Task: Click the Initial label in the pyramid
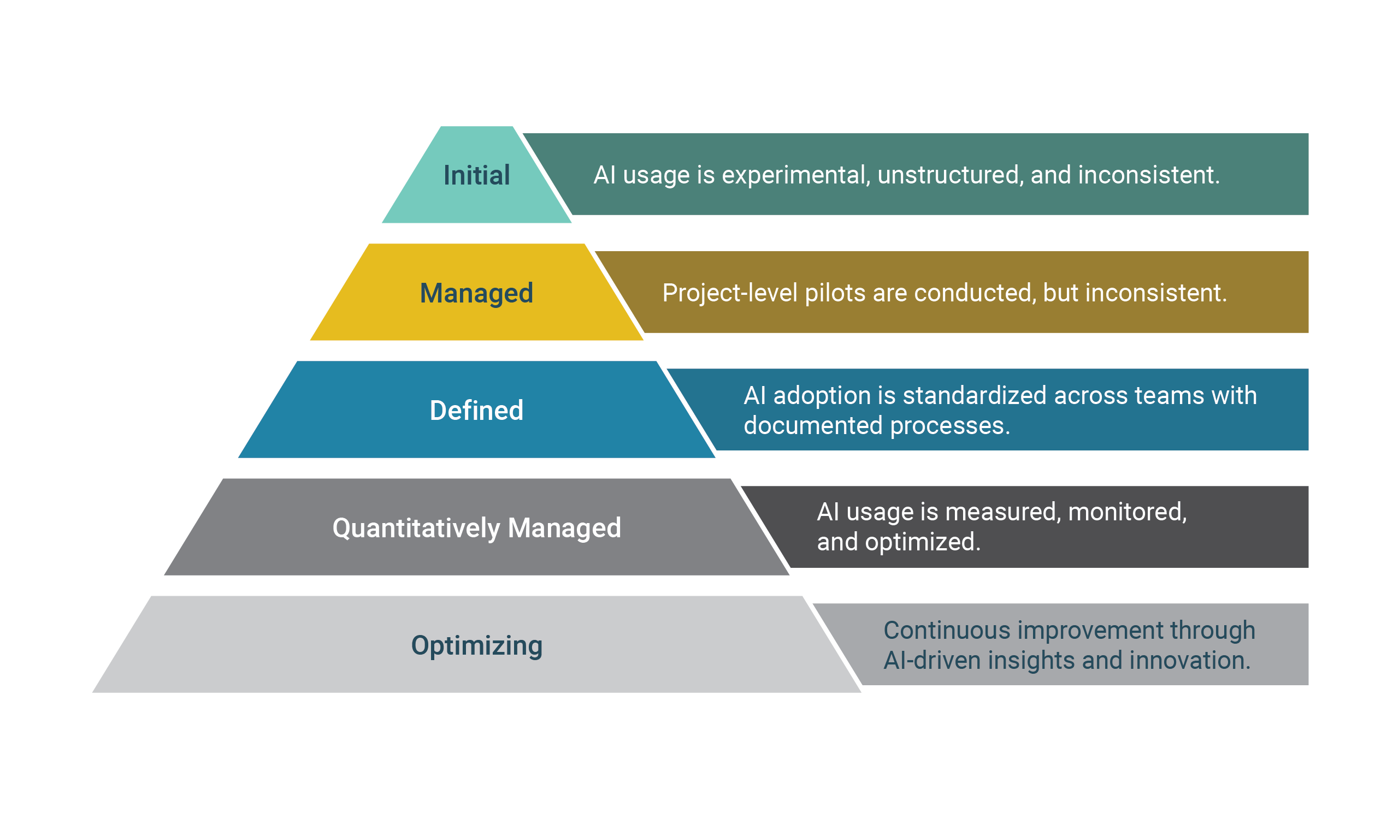point(476,175)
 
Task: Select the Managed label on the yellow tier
point(476,293)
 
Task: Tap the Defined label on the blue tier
point(476,411)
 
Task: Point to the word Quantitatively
point(416,529)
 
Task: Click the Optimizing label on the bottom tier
point(476,645)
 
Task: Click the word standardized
point(975,396)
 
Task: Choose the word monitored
point(1127,512)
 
